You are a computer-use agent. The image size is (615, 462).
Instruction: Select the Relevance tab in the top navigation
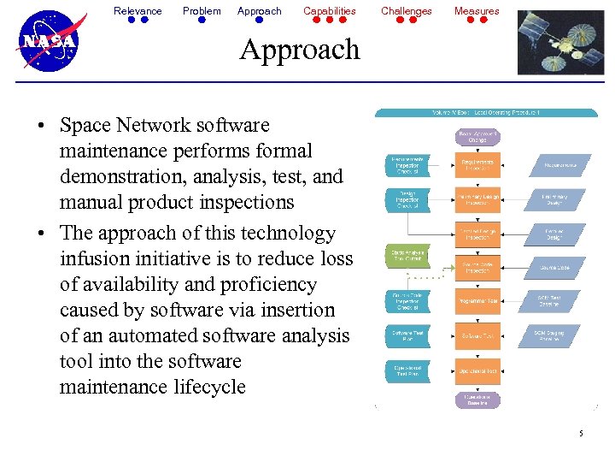tap(138, 11)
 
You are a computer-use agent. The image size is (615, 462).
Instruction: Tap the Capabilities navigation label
tap(330, 11)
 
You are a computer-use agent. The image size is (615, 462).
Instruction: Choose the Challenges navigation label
tap(407, 11)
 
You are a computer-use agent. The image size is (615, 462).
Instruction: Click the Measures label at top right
tap(477, 11)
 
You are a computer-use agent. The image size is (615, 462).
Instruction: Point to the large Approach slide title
tap(300, 50)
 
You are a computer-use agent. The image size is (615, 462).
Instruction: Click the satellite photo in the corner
tap(560, 44)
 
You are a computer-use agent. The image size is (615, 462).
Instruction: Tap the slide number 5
tap(581, 434)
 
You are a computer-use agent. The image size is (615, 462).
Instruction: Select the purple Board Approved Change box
tap(477, 137)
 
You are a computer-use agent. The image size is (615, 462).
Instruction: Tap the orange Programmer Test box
tap(477, 301)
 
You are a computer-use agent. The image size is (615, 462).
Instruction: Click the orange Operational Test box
tap(477, 371)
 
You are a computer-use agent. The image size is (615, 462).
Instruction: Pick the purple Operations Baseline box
tap(477, 399)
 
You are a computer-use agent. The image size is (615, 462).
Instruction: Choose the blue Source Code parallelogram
tap(554, 268)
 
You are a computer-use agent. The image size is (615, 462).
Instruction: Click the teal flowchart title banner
tap(486, 113)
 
